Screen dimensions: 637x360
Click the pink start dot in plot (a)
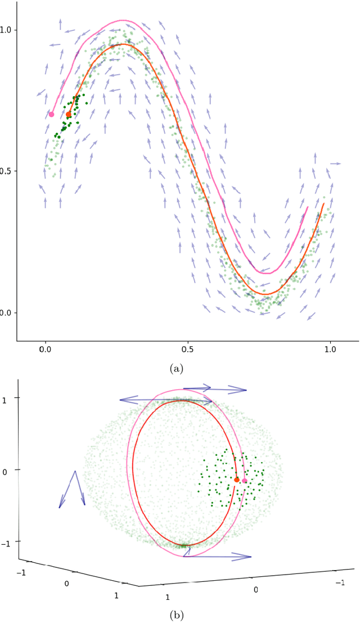point(51,114)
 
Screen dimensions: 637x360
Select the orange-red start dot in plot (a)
point(69,114)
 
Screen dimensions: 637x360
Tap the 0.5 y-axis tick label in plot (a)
point(7,171)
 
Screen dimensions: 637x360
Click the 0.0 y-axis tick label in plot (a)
point(7,313)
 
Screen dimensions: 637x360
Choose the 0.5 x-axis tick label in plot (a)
point(188,350)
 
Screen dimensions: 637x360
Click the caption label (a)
point(176,369)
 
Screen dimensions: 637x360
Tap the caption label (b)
point(176,615)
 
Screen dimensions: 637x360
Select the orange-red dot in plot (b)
point(237,480)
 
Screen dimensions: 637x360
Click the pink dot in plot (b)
point(244,481)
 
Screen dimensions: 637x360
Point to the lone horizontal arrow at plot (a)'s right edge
point(335,164)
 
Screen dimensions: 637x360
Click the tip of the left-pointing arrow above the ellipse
point(120,400)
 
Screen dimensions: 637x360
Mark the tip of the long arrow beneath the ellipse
point(251,557)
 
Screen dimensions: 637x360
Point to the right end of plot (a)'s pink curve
point(308,207)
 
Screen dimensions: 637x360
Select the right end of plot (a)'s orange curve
point(324,204)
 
